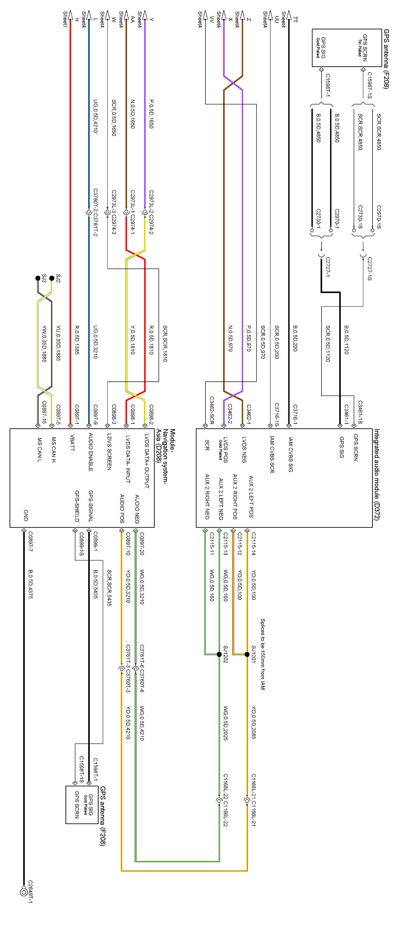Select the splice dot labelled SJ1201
pos(247,654)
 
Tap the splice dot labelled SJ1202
pos(219,654)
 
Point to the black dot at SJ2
pos(52,278)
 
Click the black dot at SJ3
pos(38,278)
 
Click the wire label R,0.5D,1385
pos(77,340)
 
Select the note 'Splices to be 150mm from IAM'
pos(263,654)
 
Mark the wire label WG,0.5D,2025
pos(225,722)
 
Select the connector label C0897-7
pos(30,541)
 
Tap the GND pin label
pos(26,515)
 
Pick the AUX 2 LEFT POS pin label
pos(251,496)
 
